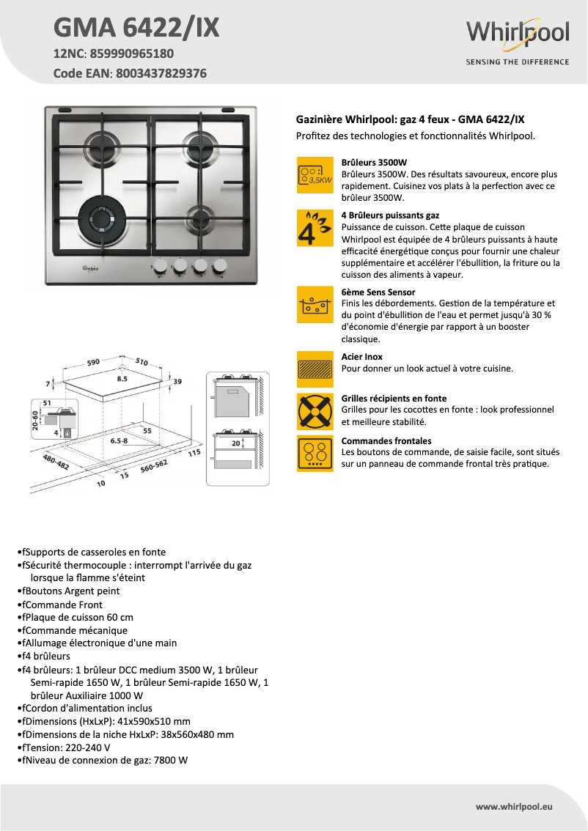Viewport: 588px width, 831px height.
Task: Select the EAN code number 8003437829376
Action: (158, 73)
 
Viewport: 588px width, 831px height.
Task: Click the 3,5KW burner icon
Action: (315, 174)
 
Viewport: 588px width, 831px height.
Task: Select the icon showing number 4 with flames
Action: (315, 228)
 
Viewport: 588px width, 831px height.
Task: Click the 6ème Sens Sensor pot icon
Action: (315, 305)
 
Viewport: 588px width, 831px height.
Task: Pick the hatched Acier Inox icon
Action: (315, 369)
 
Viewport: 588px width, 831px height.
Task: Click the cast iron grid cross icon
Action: (315, 411)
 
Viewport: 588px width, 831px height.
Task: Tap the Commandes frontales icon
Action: (315, 454)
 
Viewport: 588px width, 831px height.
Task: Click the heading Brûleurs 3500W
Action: (374, 162)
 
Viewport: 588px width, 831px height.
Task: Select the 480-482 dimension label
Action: (56, 462)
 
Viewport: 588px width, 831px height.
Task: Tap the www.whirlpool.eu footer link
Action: (513, 806)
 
